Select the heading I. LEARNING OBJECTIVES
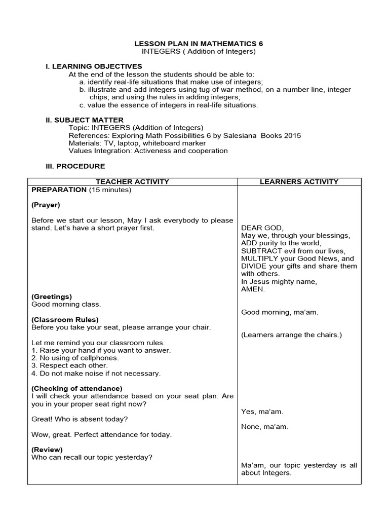(94, 66)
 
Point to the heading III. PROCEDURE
(75, 166)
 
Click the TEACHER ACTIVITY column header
(133, 181)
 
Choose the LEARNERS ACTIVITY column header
(299, 181)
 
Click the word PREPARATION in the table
(59, 190)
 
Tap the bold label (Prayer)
(46, 205)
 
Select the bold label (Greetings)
(52, 296)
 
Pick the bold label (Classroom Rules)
(65, 320)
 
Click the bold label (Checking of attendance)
(76, 389)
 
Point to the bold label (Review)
(47, 450)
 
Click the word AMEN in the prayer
(253, 289)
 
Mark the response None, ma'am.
(264, 427)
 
